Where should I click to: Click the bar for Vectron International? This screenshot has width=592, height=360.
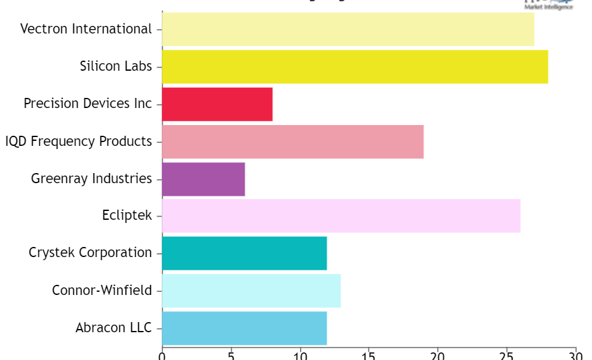pyautogui.click(x=348, y=29)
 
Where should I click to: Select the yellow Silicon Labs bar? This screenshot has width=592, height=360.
pyautogui.click(x=355, y=66)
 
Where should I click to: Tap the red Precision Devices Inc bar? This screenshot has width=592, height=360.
pyautogui.click(x=217, y=104)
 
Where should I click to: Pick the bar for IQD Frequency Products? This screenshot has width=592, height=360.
pyautogui.click(x=293, y=141)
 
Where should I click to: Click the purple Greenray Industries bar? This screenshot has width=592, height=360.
pyautogui.click(x=203, y=179)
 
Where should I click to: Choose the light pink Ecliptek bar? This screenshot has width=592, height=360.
pyautogui.click(x=341, y=216)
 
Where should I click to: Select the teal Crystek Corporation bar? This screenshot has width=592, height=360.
pyautogui.click(x=245, y=253)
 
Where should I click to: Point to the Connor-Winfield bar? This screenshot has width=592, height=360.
pyautogui.click(x=251, y=291)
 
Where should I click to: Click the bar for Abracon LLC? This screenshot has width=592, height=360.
pyautogui.click(x=245, y=328)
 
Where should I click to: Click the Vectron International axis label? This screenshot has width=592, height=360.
pyautogui.click(x=86, y=29)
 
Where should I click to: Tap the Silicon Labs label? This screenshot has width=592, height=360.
pyautogui.click(x=116, y=66)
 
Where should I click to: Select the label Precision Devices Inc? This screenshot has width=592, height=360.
pyautogui.click(x=88, y=104)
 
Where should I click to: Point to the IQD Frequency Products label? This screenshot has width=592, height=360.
pyautogui.click(x=78, y=141)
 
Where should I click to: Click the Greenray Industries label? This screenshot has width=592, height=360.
pyautogui.click(x=92, y=179)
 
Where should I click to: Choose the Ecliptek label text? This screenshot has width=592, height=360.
pyautogui.click(x=127, y=216)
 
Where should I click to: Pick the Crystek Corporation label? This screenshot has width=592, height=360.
pyautogui.click(x=90, y=253)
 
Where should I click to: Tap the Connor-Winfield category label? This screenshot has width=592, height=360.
pyautogui.click(x=102, y=291)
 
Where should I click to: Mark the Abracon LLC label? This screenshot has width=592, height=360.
pyautogui.click(x=114, y=328)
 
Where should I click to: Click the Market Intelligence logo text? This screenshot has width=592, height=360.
pyautogui.click(x=548, y=7)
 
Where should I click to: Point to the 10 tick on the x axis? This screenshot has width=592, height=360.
pyautogui.click(x=300, y=356)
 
